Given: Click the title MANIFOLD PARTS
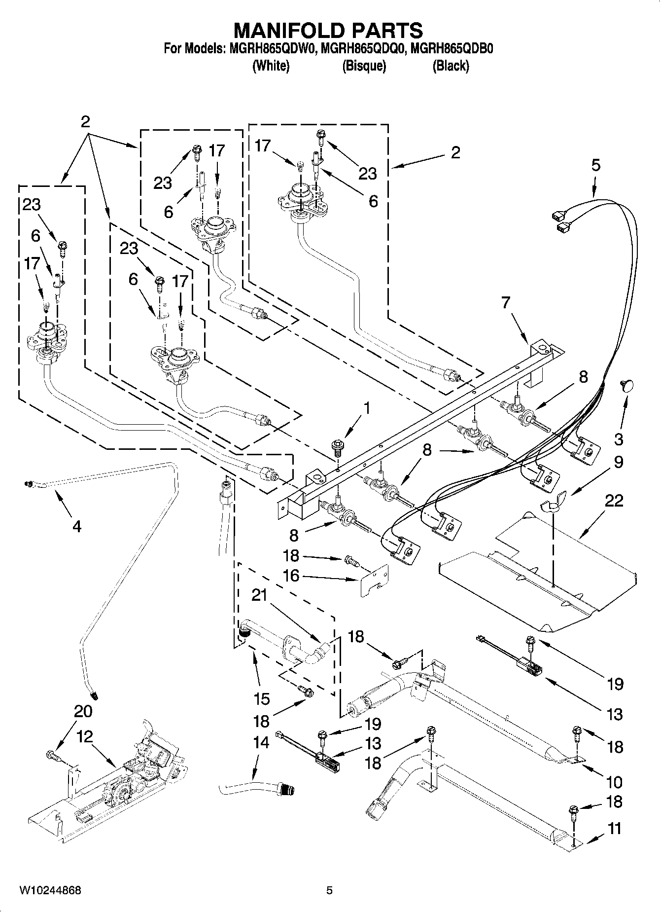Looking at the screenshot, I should click(x=328, y=31).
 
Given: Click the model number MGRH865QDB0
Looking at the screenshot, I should click(x=452, y=49).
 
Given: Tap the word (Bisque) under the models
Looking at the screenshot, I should click(x=364, y=66).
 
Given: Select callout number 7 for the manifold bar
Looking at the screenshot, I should click(x=506, y=302).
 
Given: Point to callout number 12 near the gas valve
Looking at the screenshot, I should click(x=84, y=737).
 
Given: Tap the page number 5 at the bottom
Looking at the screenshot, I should click(x=329, y=890).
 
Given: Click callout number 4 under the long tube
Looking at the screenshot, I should click(x=76, y=527).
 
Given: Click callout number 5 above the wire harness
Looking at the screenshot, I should click(x=596, y=165).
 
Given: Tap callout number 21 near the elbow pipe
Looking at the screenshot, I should click(x=259, y=596).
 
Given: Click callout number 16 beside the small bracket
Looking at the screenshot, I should click(x=291, y=576).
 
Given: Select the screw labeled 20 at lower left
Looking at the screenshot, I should click(x=51, y=755).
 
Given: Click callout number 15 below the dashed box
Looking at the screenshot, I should click(x=262, y=698).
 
